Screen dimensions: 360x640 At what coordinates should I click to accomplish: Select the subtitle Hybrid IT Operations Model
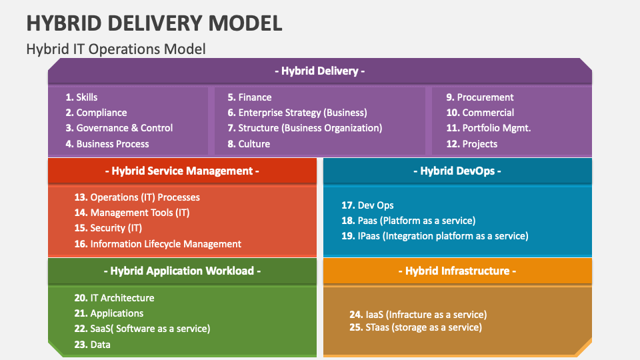(115, 49)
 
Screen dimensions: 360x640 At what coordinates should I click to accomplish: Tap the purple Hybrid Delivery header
(319, 71)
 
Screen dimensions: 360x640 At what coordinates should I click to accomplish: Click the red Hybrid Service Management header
(182, 171)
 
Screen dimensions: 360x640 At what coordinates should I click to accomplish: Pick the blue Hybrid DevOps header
(457, 171)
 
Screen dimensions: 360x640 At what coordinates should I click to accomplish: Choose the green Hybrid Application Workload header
(182, 271)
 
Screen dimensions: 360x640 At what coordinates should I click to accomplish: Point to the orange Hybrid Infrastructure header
(457, 271)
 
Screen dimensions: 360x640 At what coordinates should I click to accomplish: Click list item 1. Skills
(82, 97)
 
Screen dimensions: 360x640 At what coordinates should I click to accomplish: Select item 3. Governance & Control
(119, 128)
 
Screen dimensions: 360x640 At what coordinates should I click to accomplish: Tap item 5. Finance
(249, 97)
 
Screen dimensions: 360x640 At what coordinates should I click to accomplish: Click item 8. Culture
(249, 144)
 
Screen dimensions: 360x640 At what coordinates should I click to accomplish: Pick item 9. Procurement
(480, 97)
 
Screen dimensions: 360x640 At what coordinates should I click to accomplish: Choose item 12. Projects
(472, 144)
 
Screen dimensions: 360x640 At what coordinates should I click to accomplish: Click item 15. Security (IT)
(108, 228)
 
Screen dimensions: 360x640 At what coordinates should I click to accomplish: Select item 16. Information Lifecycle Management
(158, 244)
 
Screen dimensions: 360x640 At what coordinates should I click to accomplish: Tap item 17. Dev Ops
(367, 205)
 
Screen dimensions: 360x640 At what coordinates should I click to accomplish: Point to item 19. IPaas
(435, 236)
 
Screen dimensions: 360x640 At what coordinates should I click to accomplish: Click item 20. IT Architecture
(114, 298)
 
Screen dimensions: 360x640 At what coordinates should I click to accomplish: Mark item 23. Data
(92, 345)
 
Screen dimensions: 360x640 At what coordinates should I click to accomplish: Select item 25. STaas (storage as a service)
(415, 327)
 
